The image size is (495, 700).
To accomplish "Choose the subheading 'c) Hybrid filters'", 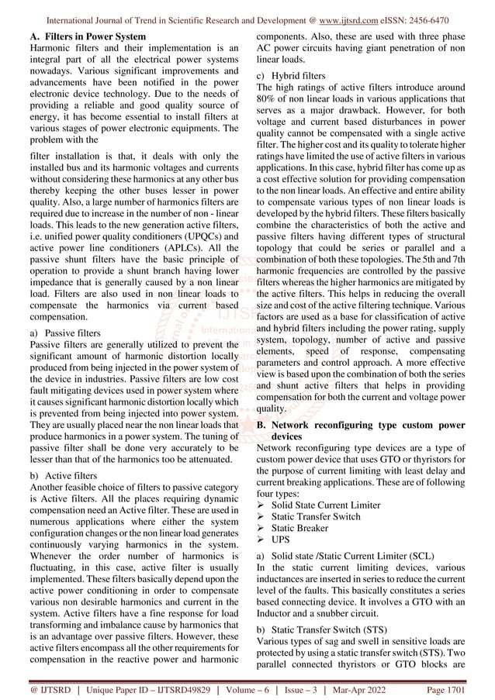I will pos(292,76).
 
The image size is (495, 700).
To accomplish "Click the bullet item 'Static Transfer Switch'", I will pos(319,517).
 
